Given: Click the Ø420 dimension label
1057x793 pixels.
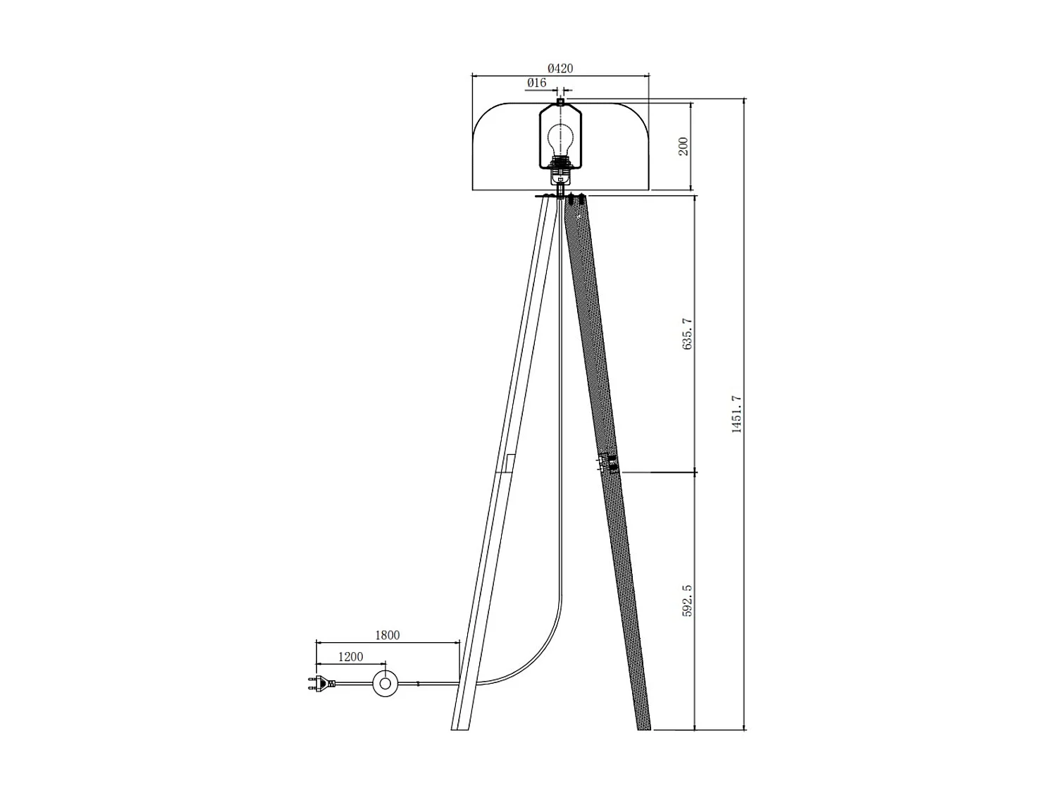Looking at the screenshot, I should [560, 68].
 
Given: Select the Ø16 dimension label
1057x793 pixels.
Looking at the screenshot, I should [536, 83].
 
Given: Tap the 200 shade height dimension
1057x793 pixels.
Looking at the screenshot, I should [683, 147].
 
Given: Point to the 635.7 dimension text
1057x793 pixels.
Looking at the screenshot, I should [688, 333].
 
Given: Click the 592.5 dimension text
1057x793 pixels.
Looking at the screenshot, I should [688, 601].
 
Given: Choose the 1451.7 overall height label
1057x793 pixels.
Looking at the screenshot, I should [737, 414].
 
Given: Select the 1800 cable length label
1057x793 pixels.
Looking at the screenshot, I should [387, 635].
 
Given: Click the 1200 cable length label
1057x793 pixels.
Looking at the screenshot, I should [350, 657].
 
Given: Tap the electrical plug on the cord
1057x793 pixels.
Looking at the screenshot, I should [321, 683].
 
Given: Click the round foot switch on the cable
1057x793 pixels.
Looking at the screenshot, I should [385, 683].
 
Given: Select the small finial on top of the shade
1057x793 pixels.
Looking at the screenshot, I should [560, 102].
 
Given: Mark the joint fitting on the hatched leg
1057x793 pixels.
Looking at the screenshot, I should [607, 463].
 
